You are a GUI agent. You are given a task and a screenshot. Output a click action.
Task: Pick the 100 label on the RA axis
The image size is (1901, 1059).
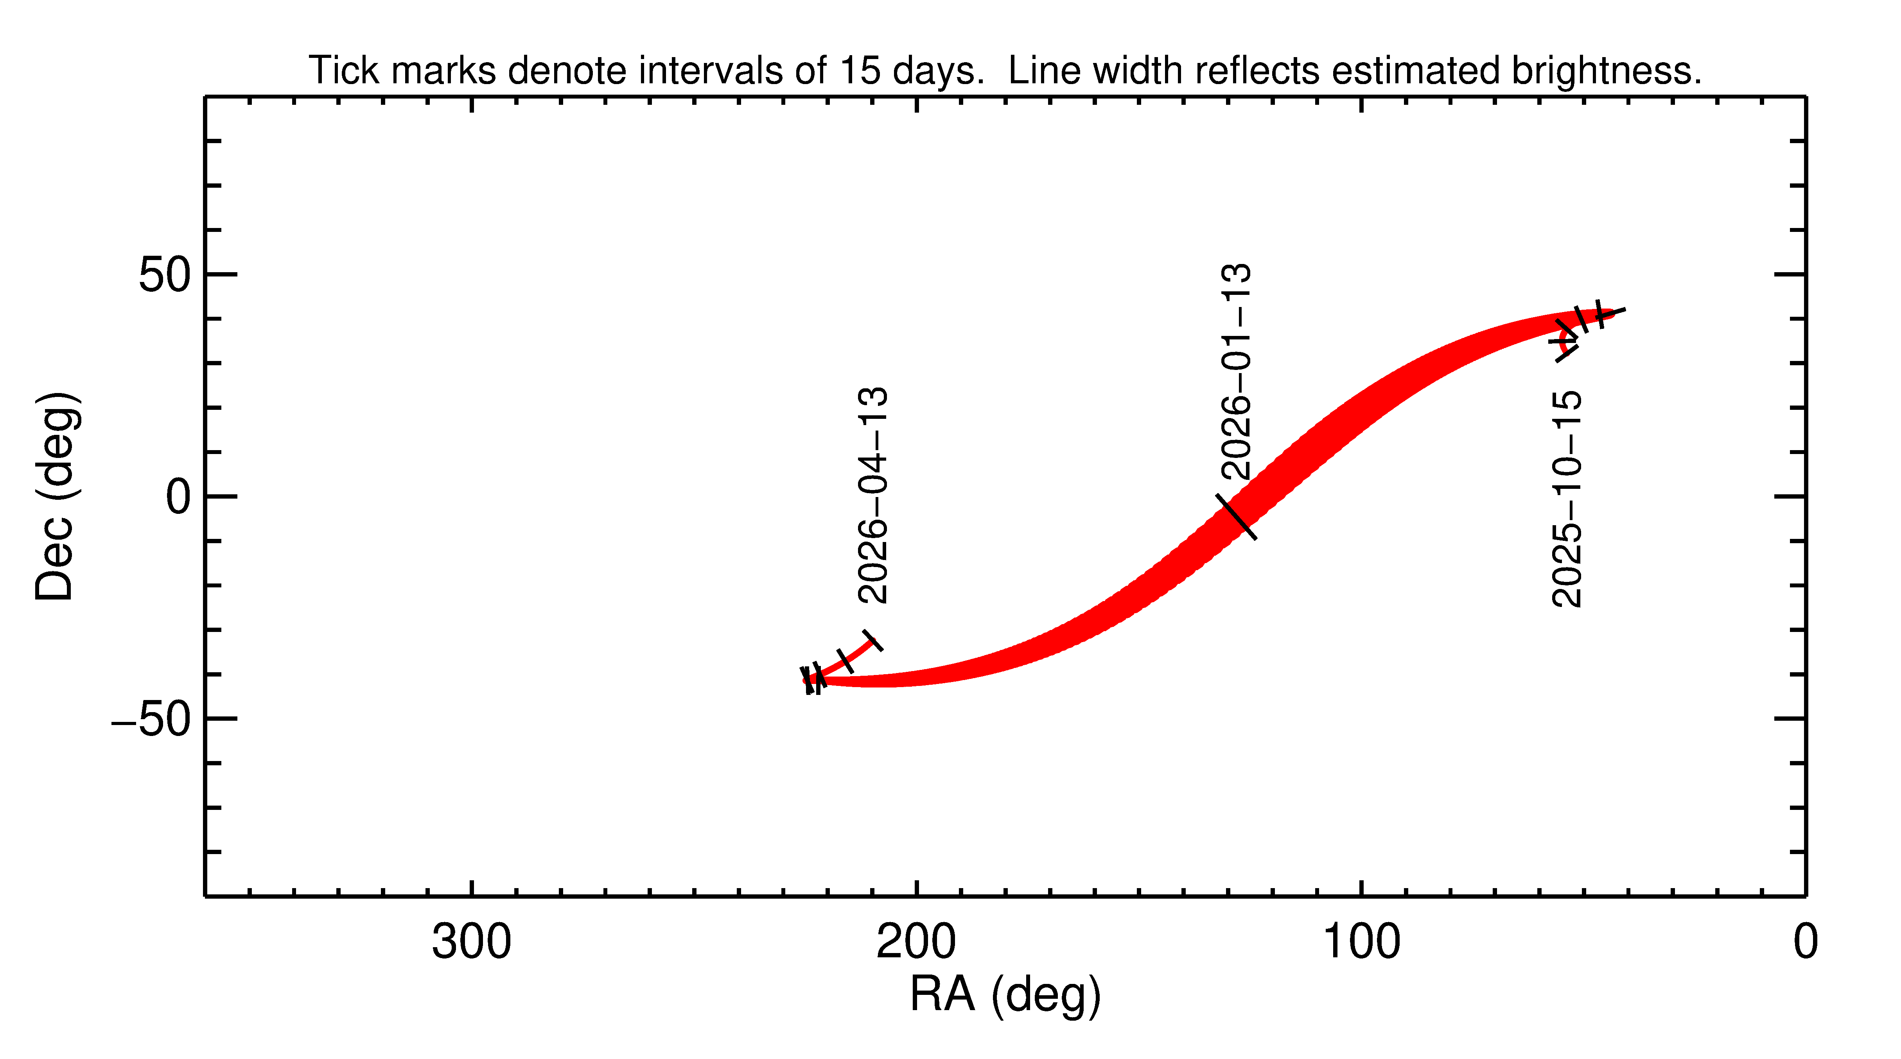tap(1361, 942)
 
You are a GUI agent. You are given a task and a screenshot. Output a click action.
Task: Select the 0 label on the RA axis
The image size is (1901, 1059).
tap(1805, 942)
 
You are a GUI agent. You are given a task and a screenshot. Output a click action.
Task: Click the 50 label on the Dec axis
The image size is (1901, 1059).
tap(165, 275)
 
